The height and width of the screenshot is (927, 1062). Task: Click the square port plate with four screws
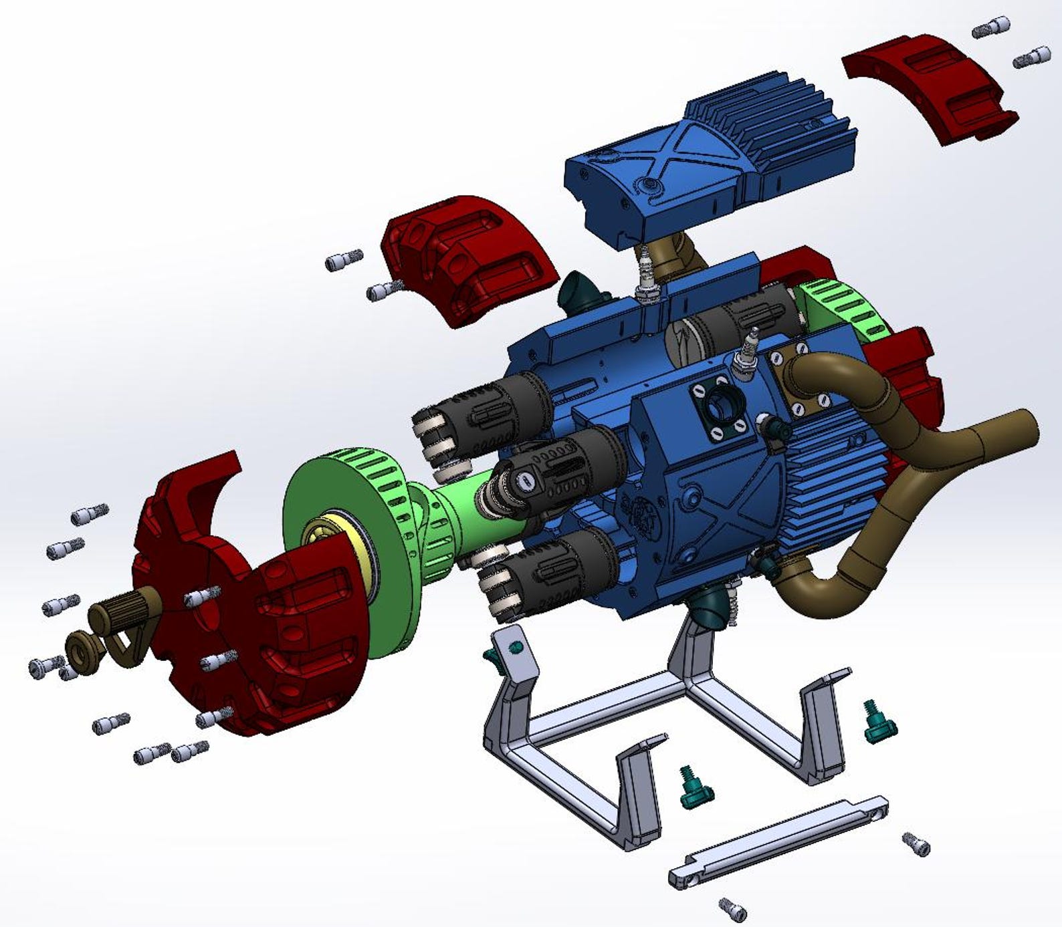[x=720, y=408]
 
